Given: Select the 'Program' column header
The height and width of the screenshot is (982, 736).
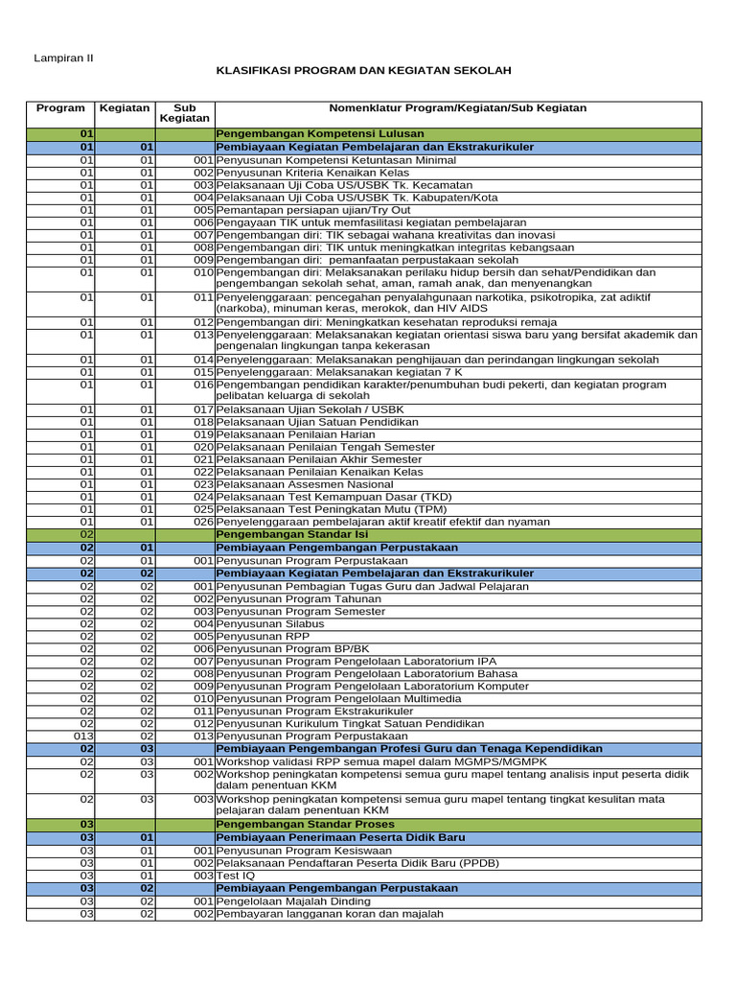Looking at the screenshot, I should coord(60,109).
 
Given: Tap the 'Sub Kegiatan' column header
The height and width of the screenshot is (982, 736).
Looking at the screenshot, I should coord(184,114).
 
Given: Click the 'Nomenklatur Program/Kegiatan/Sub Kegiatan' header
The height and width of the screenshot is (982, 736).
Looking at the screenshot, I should coord(457,109).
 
